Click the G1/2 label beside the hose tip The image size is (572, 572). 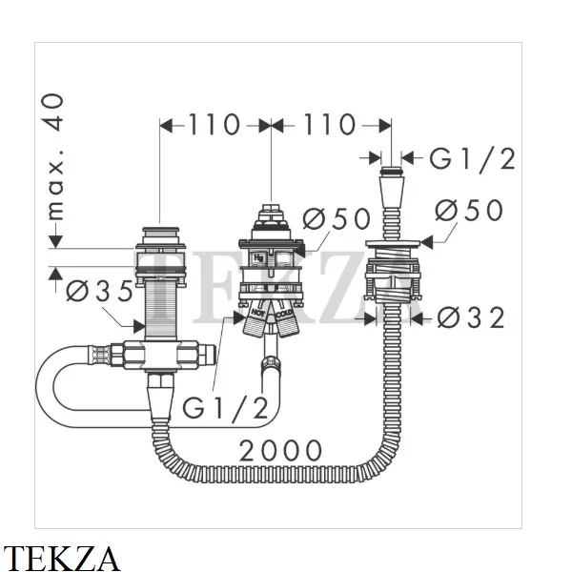471,158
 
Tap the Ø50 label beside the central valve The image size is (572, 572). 335,217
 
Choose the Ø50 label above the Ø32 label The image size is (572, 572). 468,210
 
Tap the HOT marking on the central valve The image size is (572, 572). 257,313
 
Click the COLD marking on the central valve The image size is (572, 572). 285,313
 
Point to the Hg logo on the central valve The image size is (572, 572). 259,258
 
